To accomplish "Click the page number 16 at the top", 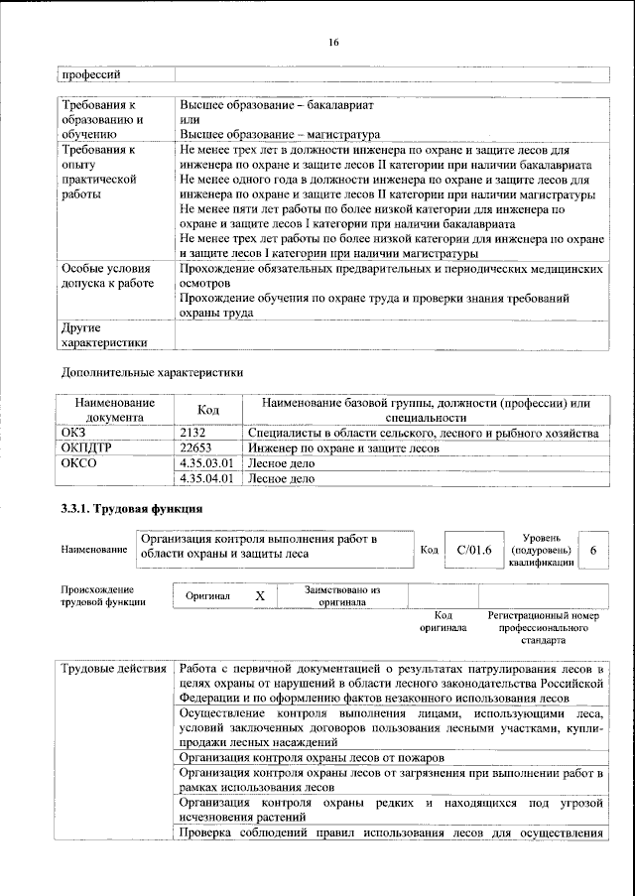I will [x=334, y=41].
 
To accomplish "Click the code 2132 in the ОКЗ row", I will [x=194, y=435].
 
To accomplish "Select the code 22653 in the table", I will [x=197, y=448].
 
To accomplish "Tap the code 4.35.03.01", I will [x=207, y=463].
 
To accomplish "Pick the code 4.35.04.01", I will [x=207, y=478].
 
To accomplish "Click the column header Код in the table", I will [x=208, y=411].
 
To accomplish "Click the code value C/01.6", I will [x=468, y=549].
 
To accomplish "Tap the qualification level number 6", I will [x=593, y=549].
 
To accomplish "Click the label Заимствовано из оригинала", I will [x=342, y=596].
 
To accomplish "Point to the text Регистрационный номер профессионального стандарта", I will [x=544, y=628].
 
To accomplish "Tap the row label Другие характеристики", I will [x=104, y=335].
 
